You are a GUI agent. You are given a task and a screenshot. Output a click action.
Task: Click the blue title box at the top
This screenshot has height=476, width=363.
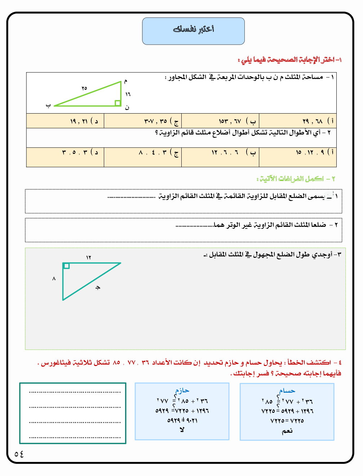tap(193, 31)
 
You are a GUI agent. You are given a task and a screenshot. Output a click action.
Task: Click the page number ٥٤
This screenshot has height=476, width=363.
tap(19, 454)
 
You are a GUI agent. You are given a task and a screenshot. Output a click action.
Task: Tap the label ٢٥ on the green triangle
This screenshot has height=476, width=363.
tap(84, 88)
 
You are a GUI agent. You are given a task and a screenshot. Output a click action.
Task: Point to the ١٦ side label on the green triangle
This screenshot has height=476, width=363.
tap(128, 94)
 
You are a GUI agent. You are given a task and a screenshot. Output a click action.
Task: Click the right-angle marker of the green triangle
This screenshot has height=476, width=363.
tap(118, 103)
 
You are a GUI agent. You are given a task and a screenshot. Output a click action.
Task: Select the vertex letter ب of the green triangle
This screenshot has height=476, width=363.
tap(48, 106)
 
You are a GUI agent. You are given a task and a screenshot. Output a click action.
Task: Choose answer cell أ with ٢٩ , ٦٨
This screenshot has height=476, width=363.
tap(298, 121)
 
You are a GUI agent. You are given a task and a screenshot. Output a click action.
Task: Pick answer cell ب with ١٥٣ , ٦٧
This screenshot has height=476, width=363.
tap(220, 121)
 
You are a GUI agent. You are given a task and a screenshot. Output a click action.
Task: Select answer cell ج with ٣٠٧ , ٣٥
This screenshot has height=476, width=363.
tap(143, 121)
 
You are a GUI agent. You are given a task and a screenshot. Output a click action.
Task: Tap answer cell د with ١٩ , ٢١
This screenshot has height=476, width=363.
tap(65, 121)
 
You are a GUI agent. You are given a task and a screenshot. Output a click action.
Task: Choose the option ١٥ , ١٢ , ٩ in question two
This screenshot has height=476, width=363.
tap(298, 153)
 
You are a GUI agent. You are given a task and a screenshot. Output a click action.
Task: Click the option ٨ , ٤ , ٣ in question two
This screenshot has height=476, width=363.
tap(143, 153)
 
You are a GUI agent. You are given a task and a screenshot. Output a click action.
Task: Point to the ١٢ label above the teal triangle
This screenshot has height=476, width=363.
tap(89, 257)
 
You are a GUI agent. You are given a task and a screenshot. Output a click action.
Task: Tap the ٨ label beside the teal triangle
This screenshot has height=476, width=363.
tap(54, 278)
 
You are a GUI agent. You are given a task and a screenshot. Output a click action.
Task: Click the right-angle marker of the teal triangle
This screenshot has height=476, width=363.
tap(66, 266)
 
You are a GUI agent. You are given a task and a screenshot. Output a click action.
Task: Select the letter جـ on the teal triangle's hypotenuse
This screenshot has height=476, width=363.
tap(98, 287)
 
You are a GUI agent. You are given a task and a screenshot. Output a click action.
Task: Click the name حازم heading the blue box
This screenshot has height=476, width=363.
tap(182, 391)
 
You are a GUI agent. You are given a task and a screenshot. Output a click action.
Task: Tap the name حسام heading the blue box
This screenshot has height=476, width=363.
tap(287, 391)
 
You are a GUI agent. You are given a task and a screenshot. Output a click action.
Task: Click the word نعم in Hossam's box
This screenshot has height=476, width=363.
tap(287, 431)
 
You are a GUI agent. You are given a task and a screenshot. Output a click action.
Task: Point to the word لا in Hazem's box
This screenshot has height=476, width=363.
tap(182, 430)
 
